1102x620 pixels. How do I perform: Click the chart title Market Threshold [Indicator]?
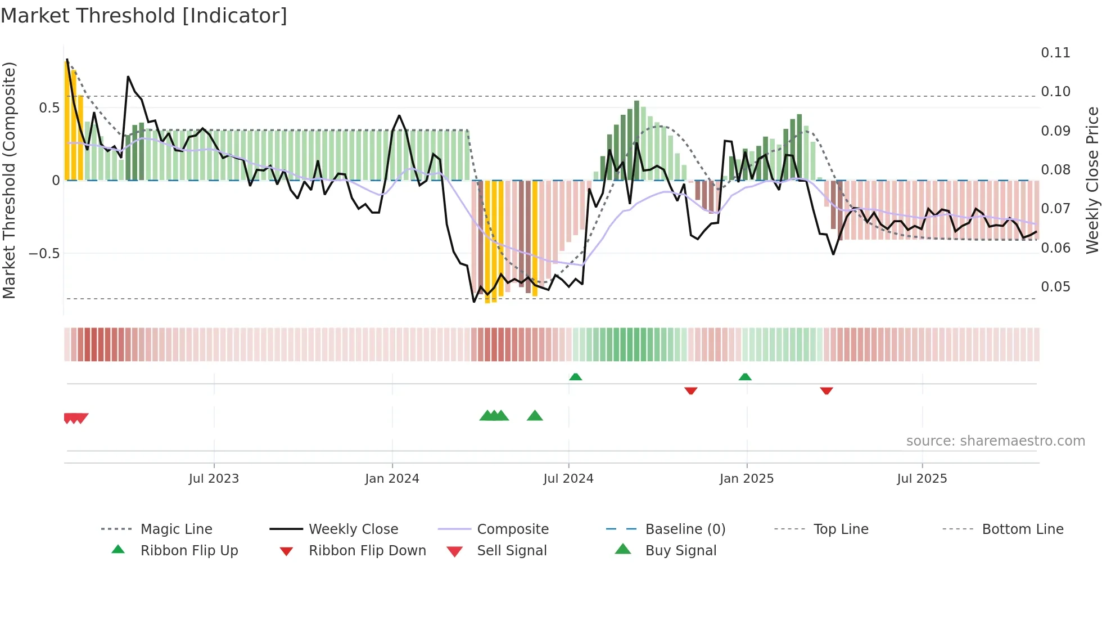click(144, 16)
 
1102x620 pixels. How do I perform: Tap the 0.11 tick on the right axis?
click(1055, 53)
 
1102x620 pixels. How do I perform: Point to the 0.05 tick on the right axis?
click(1055, 287)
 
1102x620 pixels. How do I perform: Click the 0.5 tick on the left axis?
click(49, 108)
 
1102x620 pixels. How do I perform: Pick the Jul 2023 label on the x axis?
click(214, 479)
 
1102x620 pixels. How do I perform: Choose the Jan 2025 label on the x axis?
click(747, 479)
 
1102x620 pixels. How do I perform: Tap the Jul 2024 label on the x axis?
click(568, 479)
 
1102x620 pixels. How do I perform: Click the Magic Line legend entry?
click(176, 529)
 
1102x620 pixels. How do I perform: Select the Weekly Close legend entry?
click(353, 529)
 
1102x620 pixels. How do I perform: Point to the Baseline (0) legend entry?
click(685, 529)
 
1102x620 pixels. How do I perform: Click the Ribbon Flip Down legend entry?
click(367, 551)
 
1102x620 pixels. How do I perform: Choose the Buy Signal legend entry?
click(680, 551)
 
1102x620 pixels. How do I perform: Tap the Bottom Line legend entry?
click(1022, 529)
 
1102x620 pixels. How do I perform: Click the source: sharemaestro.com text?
click(995, 441)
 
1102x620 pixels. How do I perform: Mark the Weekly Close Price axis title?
click(1092, 180)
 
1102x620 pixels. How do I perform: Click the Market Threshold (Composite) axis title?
click(9, 180)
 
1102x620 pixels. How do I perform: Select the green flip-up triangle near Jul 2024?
click(575, 377)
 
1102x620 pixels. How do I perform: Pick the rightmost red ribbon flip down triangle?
click(826, 390)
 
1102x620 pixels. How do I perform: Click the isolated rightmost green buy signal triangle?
click(535, 416)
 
